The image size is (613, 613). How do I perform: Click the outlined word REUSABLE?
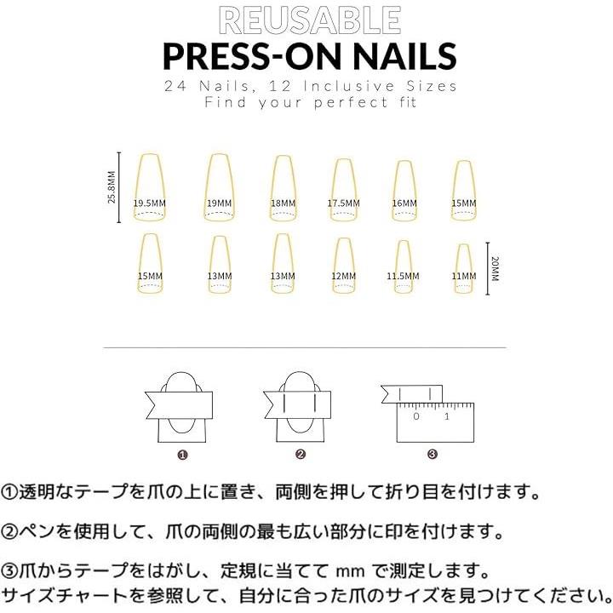tap(310, 20)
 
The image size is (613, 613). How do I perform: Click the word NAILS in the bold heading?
tap(405, 56)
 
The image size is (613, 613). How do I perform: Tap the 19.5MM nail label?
tap(149, 203)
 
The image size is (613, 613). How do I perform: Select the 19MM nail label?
tap(220, 203)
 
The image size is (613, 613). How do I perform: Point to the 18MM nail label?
tap(283, 203)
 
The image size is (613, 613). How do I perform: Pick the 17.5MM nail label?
tap(344, 203)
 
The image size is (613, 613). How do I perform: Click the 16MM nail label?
tap(404, 203)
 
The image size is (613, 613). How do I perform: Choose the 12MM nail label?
tap(344, 276)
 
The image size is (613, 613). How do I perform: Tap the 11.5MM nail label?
tap(403, 276)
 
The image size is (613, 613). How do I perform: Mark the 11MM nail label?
tap(464, 276)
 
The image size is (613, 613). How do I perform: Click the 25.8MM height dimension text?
tap(112, 186)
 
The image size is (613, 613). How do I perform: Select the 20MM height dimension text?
tap(495, 268)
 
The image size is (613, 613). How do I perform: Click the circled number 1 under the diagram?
tap(182, 455)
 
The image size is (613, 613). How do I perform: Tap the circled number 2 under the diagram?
tap(301, 455)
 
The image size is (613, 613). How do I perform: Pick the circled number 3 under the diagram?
tap(433, 455)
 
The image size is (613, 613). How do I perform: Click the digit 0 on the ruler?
tap(416, 416)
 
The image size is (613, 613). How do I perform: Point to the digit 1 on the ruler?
tap(447, 416)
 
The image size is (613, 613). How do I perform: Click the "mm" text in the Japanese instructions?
tap(350, 572)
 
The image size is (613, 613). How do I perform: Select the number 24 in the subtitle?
tap(175, 86)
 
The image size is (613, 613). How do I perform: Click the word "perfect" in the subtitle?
tap(351, 103)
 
